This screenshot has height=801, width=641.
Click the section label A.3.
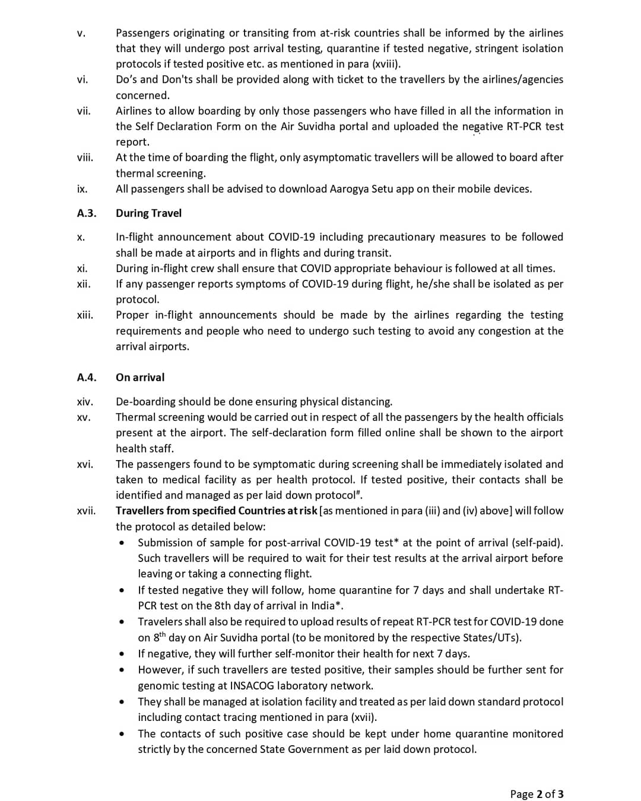pos(87,213)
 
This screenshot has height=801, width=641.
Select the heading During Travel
pos(148,213)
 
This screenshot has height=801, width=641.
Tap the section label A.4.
pos(87,378)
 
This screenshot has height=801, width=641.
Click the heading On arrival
pos(140,378)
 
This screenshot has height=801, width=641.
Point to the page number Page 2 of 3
pos(537,794)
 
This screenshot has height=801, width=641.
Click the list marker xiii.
pos(85,315)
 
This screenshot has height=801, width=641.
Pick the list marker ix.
pos(82,189)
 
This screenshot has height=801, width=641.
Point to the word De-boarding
pos(145,402)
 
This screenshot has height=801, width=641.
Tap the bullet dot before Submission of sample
pos(122,543)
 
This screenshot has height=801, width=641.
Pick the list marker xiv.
pos(84,402)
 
